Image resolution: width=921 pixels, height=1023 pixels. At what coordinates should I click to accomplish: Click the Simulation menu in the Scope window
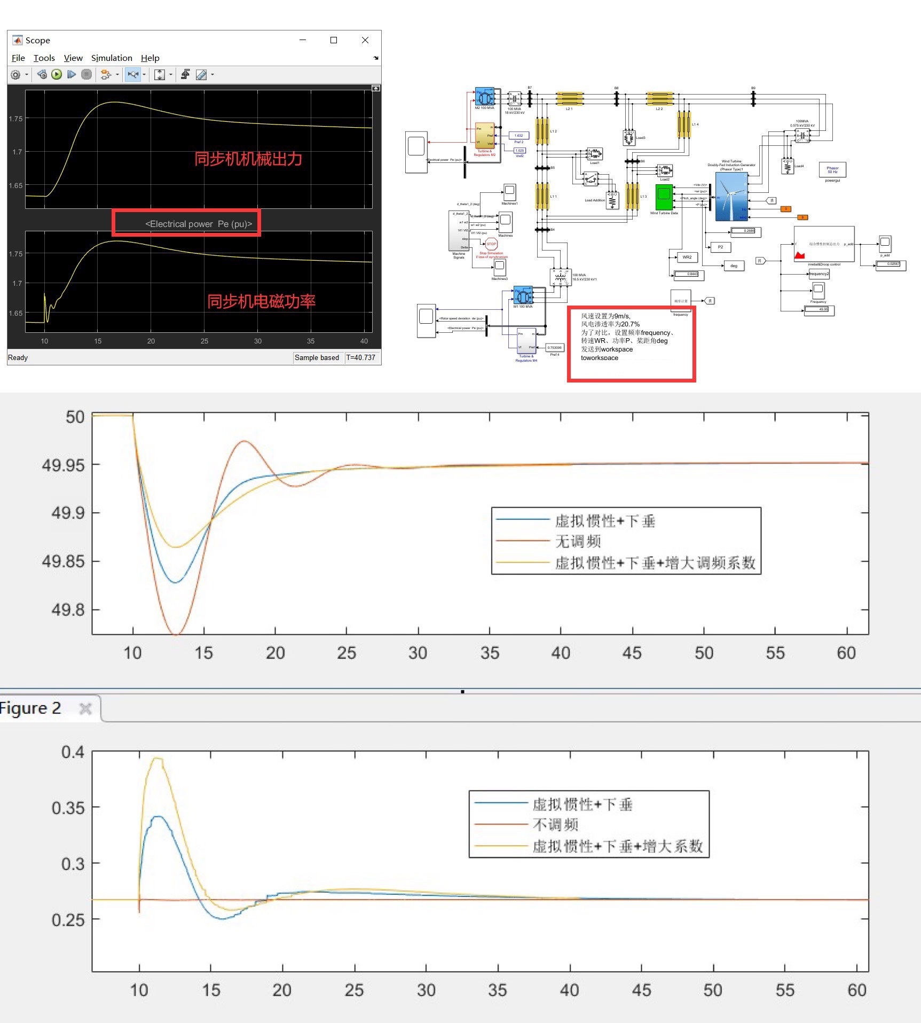(x=112, y=58)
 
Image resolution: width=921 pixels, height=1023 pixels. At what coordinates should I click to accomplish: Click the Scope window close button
(x=365, y=40)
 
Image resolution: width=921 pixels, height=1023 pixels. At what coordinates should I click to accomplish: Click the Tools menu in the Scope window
(x=44, y=58)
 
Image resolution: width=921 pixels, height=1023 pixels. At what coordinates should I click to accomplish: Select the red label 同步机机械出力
(x=248, y=159)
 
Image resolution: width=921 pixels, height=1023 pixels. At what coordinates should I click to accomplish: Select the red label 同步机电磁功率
(x=261, y=301)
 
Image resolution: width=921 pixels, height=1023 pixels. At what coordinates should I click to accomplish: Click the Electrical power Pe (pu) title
(x=199, y=224)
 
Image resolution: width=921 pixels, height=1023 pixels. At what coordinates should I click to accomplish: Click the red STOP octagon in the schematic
(x=491, y=244)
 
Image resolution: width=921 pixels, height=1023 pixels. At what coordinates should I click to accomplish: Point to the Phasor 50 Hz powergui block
(x=832, y=170)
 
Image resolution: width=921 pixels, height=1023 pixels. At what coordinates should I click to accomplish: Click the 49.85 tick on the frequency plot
(x=64, y=561)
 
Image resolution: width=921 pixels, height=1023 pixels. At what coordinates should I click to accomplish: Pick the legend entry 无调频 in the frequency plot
(x=578, y=541)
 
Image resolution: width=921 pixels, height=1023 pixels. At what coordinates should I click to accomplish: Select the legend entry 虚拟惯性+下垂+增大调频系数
(x=655, y=563)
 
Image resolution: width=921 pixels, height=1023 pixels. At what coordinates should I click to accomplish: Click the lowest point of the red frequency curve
(x=176, y=634)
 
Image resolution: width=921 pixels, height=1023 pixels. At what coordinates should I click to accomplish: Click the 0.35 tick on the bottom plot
(x=68, y=808)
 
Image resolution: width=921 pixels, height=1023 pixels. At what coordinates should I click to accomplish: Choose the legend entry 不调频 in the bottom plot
(x=556, y=825)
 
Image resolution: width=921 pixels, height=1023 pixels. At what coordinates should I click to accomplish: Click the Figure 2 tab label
(x=30, y=708)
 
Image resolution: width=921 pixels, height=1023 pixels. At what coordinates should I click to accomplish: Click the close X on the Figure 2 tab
(x=85, y=709)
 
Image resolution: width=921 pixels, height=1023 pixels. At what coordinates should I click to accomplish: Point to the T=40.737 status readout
(x=361, y=357)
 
